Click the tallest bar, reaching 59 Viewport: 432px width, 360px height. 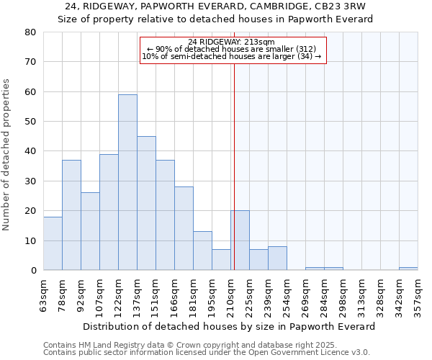point(127,182)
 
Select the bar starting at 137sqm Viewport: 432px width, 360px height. point(146,203)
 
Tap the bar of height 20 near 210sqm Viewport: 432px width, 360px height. point(240,240)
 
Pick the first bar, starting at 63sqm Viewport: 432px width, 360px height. point(53,243)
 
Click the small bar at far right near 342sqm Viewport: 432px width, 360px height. point(408,269)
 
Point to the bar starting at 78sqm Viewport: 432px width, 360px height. point(71,215)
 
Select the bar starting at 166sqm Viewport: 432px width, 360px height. point(184,228)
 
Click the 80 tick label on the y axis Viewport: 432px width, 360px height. point(30,32)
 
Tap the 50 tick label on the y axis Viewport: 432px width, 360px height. point(30,122)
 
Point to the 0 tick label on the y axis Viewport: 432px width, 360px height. point(32,271)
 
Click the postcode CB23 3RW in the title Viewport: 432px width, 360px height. point(337,6)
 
